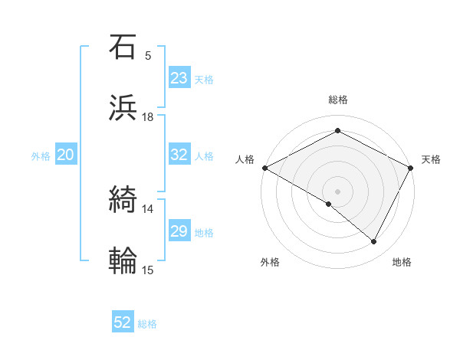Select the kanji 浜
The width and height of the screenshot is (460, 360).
tap(123, 108)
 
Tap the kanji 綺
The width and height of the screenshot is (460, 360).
tap(123, 200)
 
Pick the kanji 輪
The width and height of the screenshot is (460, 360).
tap(123, 260)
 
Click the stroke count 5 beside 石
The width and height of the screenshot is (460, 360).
tap(148, 56)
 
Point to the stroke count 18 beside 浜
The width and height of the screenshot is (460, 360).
tap(148, 117)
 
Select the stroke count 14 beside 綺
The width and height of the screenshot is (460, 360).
tap(148, 209)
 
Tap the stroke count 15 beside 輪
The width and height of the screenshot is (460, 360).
tap(148, 270)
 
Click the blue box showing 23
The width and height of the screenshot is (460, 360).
tap(179, 78)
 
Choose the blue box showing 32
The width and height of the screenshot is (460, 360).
tap(179, 155)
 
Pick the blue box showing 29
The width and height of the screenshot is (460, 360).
tap(179, 231)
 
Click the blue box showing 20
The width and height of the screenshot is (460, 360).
tap(65, 155)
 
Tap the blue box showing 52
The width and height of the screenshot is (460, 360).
tap(123, 322)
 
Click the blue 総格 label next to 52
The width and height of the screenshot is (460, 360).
tap(147, 324)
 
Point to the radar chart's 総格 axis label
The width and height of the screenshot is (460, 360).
tap(337, 100)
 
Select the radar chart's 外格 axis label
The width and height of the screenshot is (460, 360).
tap(270, 263)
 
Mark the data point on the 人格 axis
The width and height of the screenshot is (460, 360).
tap(264, 168)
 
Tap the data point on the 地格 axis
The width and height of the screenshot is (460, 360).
tap(374, 242)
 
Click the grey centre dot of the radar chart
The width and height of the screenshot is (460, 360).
tap(337, 191)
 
